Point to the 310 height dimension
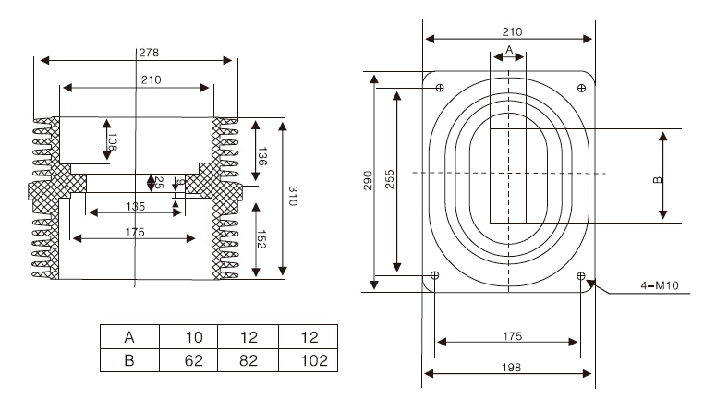[x=294, y=196]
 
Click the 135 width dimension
[x=135, y=206]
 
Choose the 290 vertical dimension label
[x=367, y=181]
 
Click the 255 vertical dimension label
[x=389, y=181]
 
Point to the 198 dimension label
[x=509, y=367]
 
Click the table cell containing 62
[x=188, y=359]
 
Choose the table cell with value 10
[x=188, y=336]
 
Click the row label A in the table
[x=129, y=336]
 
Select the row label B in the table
[x=129, y=359]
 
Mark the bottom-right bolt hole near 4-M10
[x=581, y=275]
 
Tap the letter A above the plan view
[x=509, y=48]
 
